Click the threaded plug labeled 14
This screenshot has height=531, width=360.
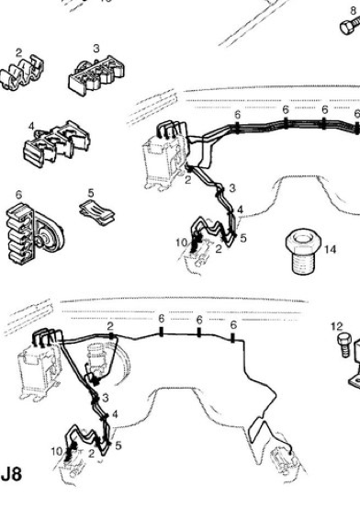301,251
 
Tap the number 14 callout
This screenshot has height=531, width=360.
330,250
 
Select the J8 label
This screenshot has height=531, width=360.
12,474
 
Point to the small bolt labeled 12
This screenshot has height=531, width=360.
343,345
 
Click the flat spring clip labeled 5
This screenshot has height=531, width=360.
96,211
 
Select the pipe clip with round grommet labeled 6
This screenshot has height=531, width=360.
33,233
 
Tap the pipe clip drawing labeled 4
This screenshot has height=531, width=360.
57,144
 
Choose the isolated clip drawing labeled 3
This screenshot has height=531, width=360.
96,75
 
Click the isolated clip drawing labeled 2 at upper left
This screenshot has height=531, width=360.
22,73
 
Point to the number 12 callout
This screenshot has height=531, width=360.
337,326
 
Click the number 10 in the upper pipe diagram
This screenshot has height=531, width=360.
182,243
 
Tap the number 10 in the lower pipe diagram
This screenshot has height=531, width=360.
57,451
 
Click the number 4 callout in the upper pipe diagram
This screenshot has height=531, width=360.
240,209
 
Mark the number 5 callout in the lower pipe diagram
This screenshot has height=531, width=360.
118,446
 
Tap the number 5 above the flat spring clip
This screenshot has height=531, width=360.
91,193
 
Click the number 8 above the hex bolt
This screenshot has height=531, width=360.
354,11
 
